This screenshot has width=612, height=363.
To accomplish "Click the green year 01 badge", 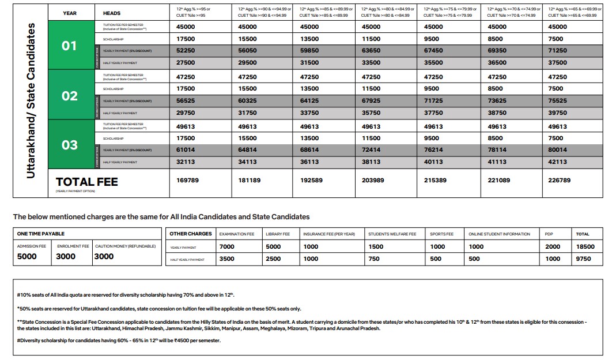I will tap(69, 45).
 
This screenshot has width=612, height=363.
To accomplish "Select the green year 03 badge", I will tap(69, 144).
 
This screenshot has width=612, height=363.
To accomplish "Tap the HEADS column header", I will tap(112, 13).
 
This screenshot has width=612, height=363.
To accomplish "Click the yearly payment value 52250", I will tap(182, 51).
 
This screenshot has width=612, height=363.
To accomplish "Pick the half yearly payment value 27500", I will tap(182, 63).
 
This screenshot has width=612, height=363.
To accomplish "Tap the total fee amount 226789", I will tap(560, 181).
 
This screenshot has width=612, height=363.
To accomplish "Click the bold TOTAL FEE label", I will tap(86, 182).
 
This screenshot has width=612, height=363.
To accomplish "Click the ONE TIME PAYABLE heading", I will tap(41, 234).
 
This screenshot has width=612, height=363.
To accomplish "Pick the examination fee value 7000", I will tap(227, 246).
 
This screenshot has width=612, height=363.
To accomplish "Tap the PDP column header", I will tap(549, 234).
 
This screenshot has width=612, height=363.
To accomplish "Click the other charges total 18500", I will tap(585, 246).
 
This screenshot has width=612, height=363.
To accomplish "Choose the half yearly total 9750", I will tap(583, 259).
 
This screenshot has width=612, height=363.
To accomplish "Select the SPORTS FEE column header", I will tap(441, 234).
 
